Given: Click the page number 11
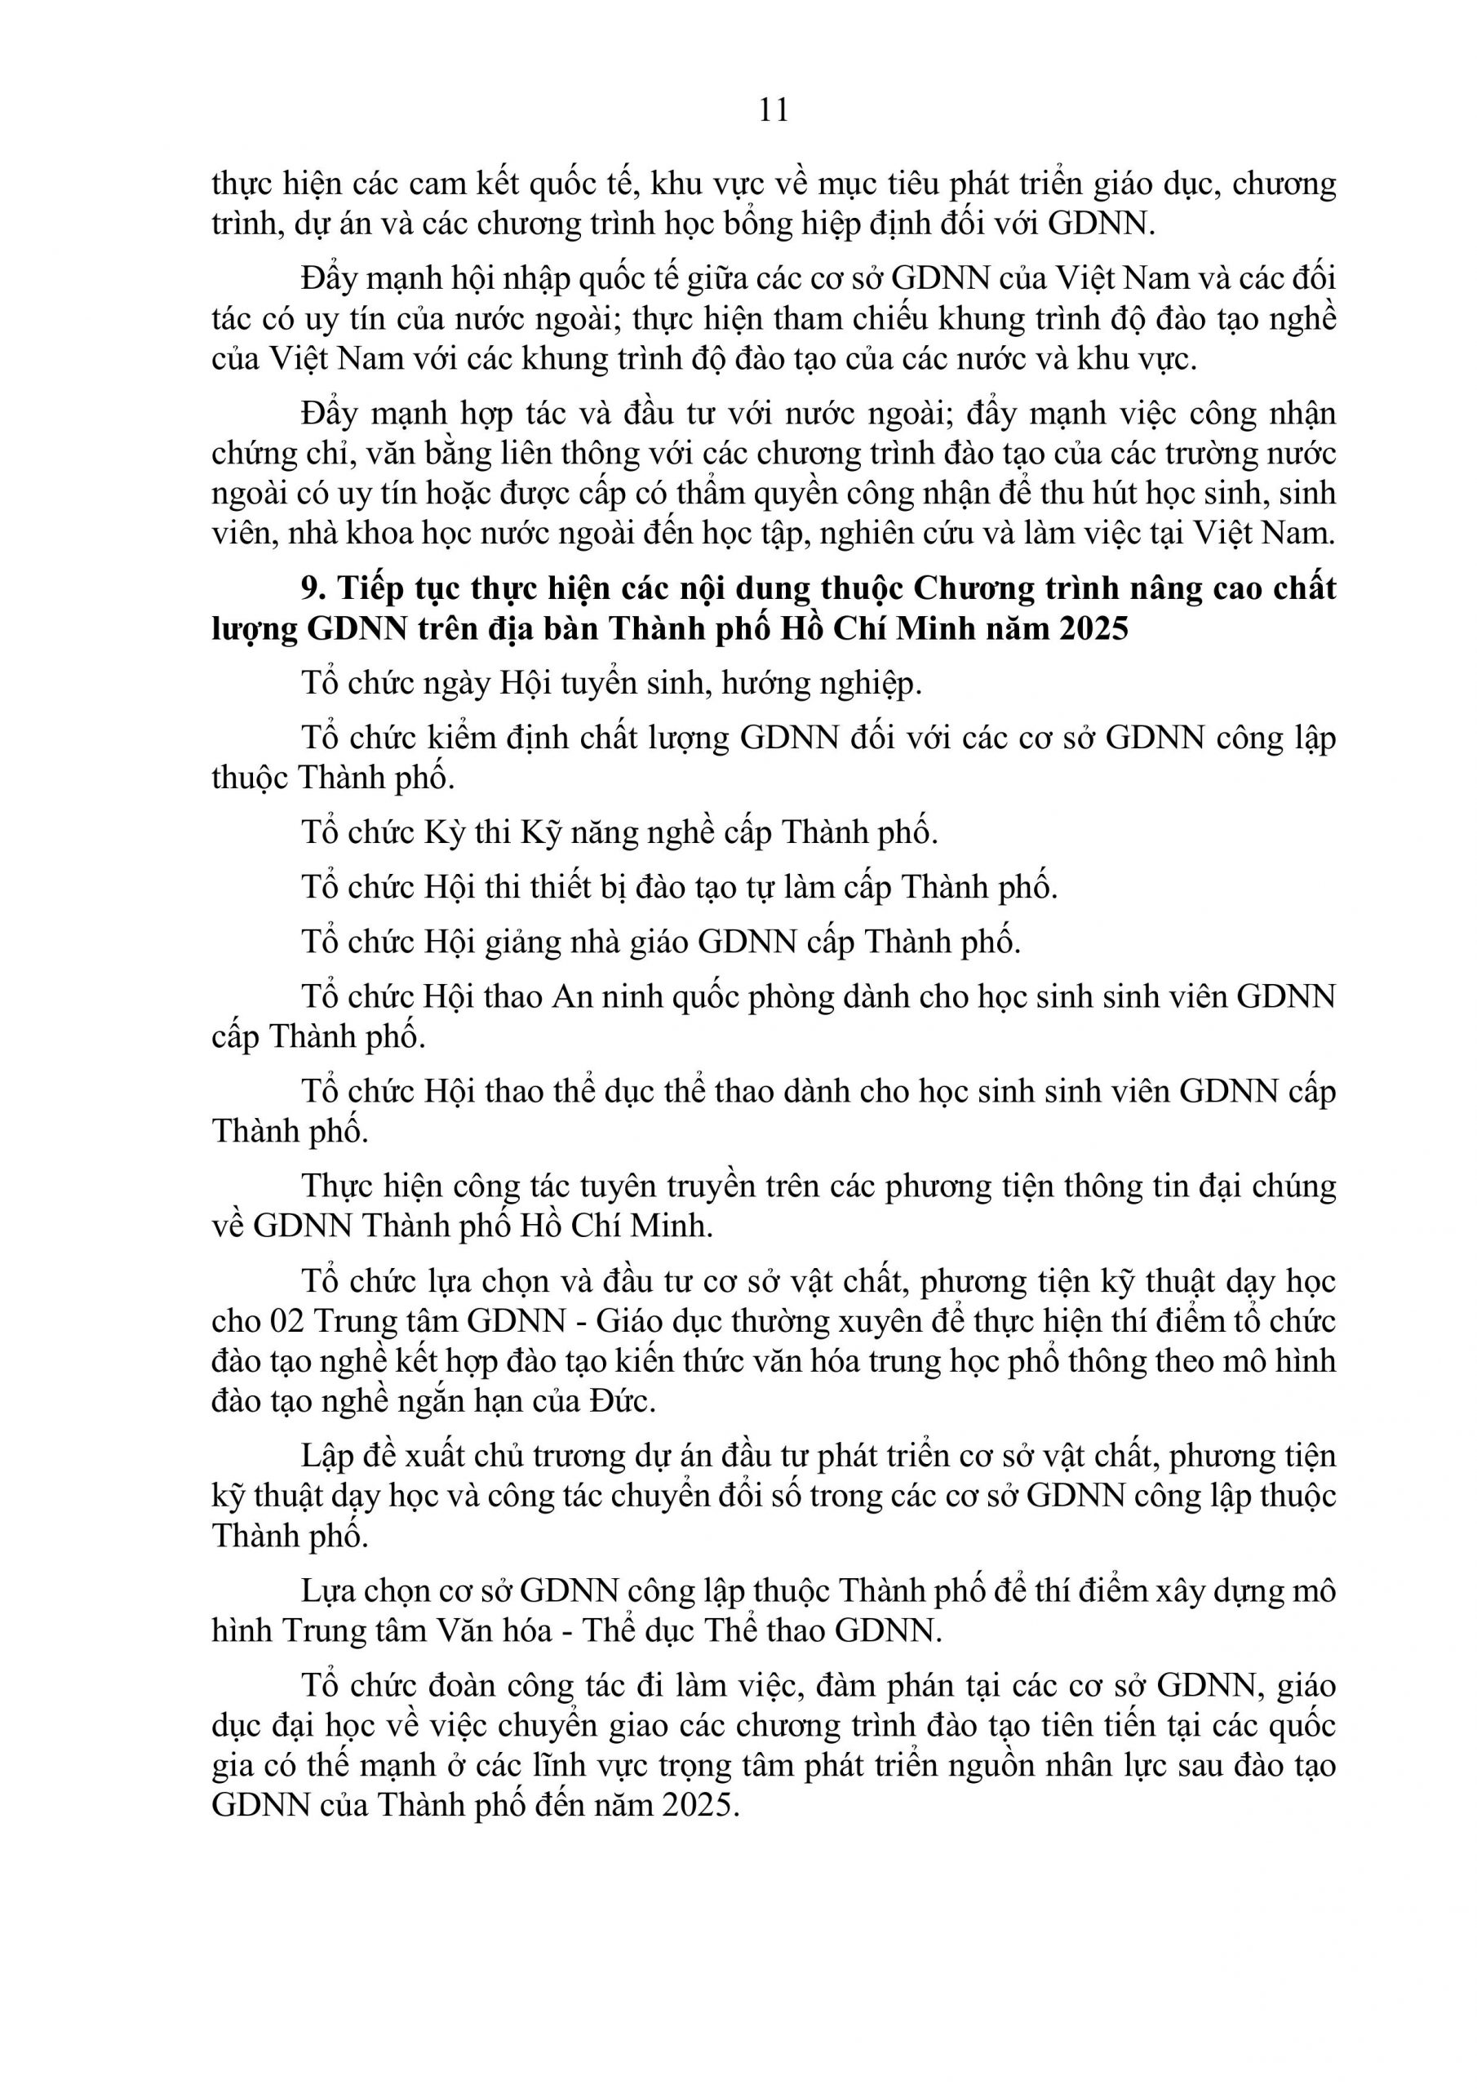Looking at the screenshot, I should pos(773,110).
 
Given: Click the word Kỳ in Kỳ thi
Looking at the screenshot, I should pos(444,832).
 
